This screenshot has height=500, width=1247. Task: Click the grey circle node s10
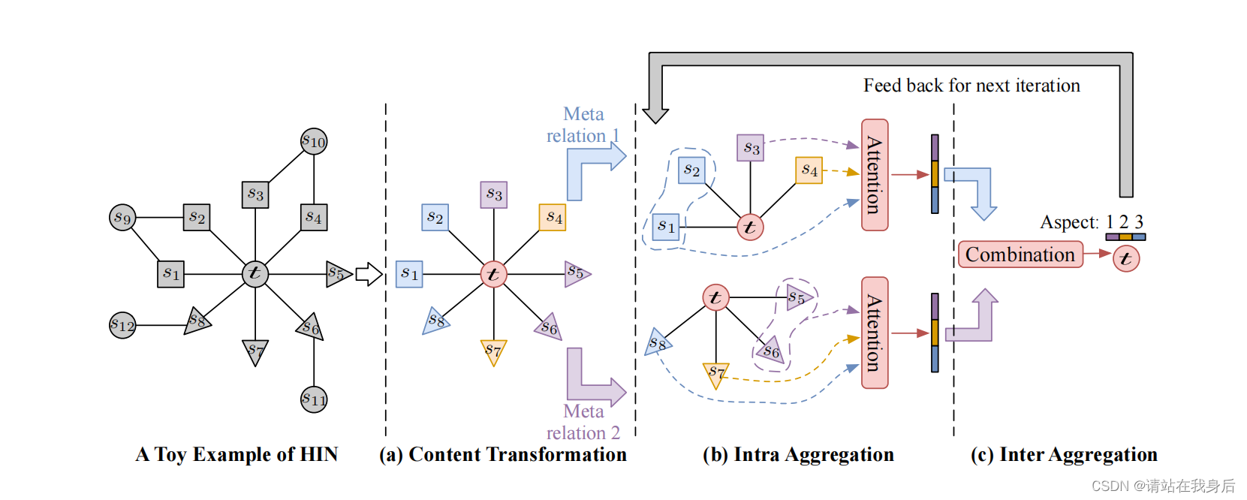click(x=314, y=141)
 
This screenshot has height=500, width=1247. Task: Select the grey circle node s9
click(x=122, y=218)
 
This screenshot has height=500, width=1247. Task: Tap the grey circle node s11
click(x=314, y=399)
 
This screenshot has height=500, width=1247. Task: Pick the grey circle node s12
click(x=122, y=325)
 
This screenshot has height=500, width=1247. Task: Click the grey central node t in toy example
click(x=255, y=273)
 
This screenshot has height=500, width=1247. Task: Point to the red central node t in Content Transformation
click(x=493, y=274)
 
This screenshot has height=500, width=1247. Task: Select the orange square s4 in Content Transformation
click(x=553, y=217)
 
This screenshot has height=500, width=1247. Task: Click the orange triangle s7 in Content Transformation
click(x=493, y=350)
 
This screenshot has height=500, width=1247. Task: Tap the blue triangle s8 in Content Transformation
click(x=435, y=321)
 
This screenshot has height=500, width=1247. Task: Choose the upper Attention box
click(x=875, y=175)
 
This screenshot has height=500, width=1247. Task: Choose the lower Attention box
click(x=875, y=333)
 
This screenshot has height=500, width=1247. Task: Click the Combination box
click(x=1020, y=255)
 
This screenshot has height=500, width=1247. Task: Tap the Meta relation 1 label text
click(x=583, y=125)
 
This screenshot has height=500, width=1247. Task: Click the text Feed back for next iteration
click(x=971, y=86)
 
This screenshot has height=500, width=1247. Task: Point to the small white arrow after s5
click(x=368, y=274)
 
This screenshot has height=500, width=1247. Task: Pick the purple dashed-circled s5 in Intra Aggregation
click(x=798, y=297)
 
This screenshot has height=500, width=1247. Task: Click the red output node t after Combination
click(x=1125, y=259)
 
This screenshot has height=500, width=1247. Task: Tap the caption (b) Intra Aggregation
click(x=798, y=454)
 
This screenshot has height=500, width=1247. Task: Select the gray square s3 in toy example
click(x=255, y=194)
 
